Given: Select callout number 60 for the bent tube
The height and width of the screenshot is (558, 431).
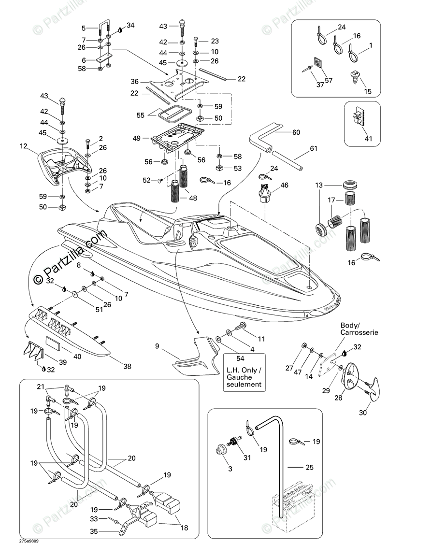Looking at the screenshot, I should coord(296,132).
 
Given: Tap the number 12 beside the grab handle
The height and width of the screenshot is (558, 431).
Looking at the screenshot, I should coord(23,145).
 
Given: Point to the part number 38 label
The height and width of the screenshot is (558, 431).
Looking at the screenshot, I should coord(127,367).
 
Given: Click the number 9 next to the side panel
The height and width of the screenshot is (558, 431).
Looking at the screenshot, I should coord(157,346).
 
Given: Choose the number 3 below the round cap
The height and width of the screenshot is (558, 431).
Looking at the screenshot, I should coord(216,469).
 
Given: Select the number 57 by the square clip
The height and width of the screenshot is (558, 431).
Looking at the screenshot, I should coord(329,80).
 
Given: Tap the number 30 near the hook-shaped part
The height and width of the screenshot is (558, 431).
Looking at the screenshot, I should coord(362,413).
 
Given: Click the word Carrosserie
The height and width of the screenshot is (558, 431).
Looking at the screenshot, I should coord(359,333).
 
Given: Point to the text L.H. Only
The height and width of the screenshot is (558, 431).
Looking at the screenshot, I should coord(244,371).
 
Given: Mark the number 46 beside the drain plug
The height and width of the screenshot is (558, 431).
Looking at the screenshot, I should coord(284,185).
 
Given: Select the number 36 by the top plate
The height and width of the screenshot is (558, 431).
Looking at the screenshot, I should coord(134,82).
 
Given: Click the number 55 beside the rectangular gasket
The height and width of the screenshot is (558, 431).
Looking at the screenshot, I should coord(141,115).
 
